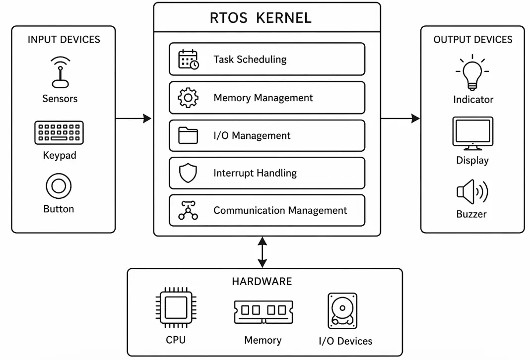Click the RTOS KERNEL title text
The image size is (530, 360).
261,18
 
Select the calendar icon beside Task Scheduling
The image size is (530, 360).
188,59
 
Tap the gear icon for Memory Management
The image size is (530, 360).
188,98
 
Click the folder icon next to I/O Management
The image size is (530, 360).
188,135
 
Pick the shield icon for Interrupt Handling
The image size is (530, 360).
188,173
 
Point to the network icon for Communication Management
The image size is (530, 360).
188,210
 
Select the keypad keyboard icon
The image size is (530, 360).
59,132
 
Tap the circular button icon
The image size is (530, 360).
59,187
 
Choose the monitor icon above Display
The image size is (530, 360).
472,133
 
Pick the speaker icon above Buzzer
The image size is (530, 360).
472,192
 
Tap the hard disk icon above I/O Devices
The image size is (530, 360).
342,311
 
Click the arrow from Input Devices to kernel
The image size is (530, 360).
133,119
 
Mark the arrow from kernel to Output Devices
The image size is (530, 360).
400,119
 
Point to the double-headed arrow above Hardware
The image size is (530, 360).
262,252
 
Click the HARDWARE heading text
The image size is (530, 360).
262,282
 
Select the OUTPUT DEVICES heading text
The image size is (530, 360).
472,40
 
